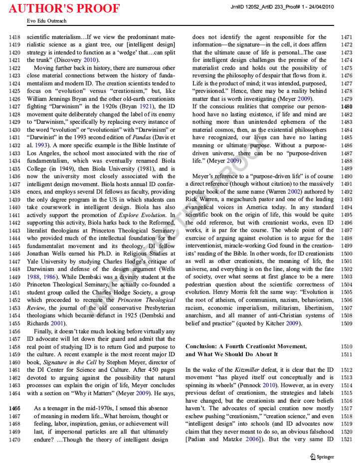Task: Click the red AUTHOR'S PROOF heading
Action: [64, 8]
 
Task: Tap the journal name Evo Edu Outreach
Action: [46, 21]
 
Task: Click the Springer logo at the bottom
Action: [322, 457]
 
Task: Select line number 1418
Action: [15, 37]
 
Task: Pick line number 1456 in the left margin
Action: [15, 331]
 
